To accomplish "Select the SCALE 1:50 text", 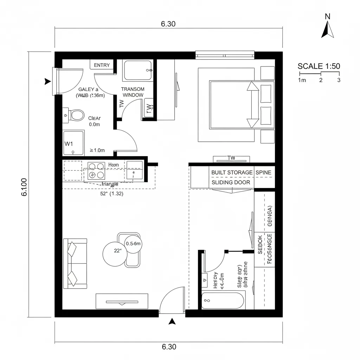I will [x=319, y=66].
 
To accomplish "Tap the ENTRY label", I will [x=102, y=65].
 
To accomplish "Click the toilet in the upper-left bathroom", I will [x=77, y=115].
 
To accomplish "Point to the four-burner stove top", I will [x=96, y=170].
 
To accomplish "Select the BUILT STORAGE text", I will [x=232, y=172].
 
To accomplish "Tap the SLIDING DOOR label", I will [x=231, y=182].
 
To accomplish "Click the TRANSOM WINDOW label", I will [x=132, y=92].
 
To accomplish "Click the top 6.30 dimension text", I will [x=168, y=24].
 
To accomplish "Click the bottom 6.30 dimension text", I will [x=169, y=347].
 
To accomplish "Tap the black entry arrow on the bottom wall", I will [x=172, y=321].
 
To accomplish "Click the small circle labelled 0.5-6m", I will [x=133, y=244].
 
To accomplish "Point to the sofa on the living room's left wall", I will [x=75, y=263].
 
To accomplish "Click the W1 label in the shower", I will [x=69, y=144].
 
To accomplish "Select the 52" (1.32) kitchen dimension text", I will [x=111, y=193].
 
